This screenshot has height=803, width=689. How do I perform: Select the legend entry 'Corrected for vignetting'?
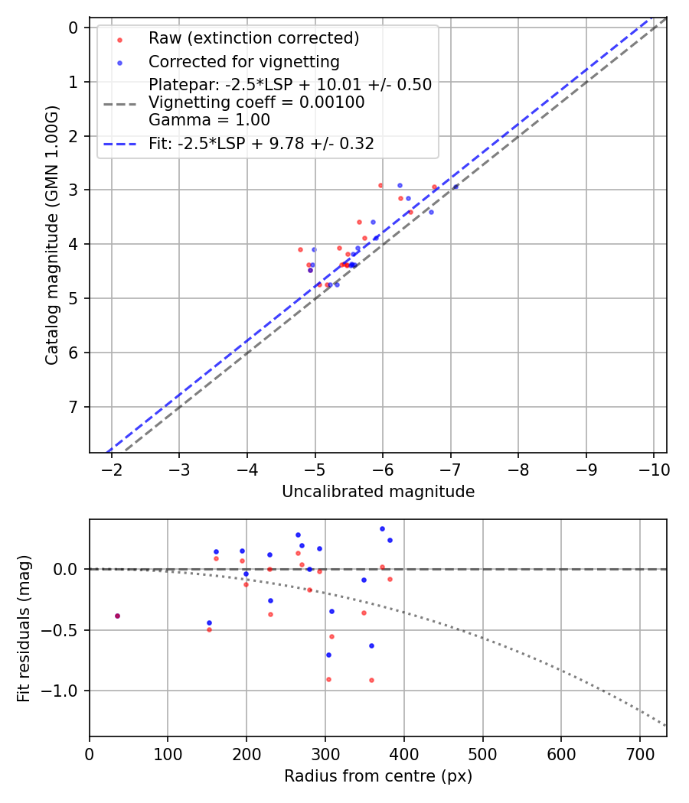coord(243,61)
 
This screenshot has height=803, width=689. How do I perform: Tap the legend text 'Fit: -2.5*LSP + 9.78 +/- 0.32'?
coord(261,143)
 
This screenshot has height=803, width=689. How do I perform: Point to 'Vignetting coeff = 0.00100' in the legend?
coord(256,102)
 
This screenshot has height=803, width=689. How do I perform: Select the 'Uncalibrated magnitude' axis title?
coord(377,492)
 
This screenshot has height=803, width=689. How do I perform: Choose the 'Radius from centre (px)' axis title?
coord(377,776)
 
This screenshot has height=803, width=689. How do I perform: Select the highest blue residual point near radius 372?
coord(382,528)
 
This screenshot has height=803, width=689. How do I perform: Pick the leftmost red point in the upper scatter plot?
coord(300,249)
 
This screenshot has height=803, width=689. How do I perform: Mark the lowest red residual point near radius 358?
coord(371,680)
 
